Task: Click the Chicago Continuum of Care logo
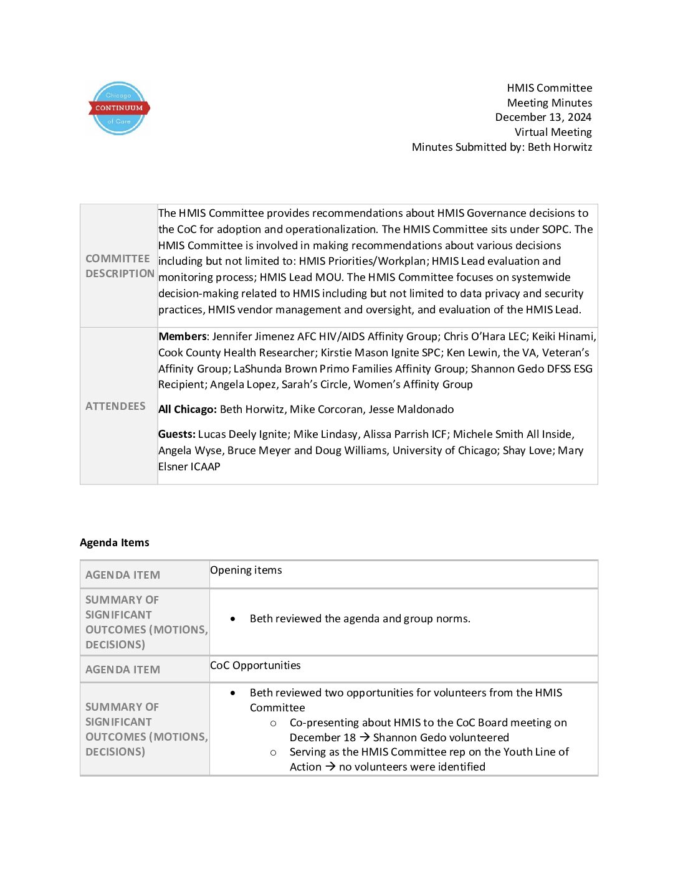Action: pyautogui.click(x=118, y=108)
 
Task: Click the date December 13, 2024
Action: pyautogui.click(x=543, y=117)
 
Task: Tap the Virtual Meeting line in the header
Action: pyautogui.click(x=553, y=132)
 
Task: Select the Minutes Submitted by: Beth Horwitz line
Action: pyautogui.click(x=502, y=147)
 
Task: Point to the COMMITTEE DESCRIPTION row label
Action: pyautogui.click(x=119, y=266)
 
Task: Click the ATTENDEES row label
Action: pyautogui.click(x=115, y=406)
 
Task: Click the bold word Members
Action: pyautogui.click(x=182, y=336)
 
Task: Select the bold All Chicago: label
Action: pyautogui.click(x=187, y=409)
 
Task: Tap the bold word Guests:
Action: pyautogui.click(x=176, y=434)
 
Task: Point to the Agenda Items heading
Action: pyautogui.click(x=115, y=543)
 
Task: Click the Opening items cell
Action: pyautogui.click(x=246, y=570)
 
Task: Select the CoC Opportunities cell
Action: pyautogui.click(x=255, y=665)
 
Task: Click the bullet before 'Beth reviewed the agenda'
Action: pyautogui.click(x=233, y=619)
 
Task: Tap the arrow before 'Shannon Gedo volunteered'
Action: pyautogui.click(x=365, y=737)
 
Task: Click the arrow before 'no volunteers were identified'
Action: pyautogui.click(x=330, y=767)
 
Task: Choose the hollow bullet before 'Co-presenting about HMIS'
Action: pyautogui.click(x=273, y=723)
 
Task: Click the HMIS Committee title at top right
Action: pyautogui.click(x=549, y=88)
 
